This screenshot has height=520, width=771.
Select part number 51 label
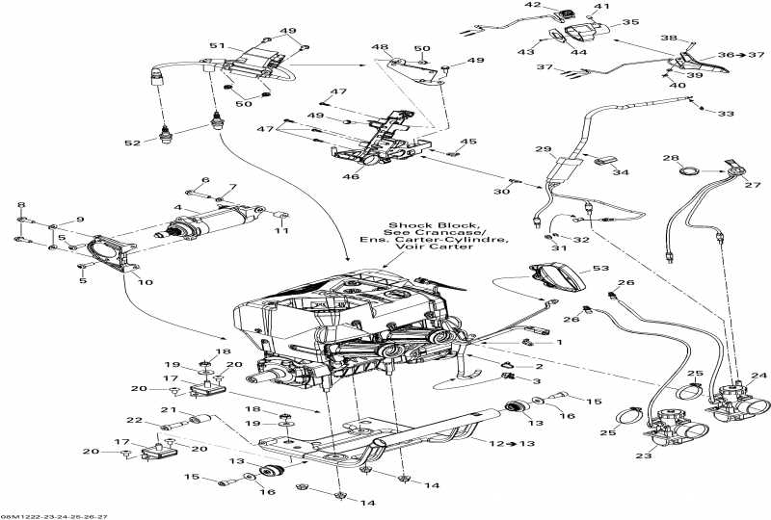click(x=216, y=47)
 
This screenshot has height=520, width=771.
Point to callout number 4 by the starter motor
click(x=178, y=206)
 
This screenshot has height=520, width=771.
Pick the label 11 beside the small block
click(x=281, y=231)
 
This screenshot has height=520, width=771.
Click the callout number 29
click(x=543, y=149)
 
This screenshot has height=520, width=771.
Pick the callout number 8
click(x=21, y=205)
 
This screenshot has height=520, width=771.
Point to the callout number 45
click(x=469, y=142)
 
